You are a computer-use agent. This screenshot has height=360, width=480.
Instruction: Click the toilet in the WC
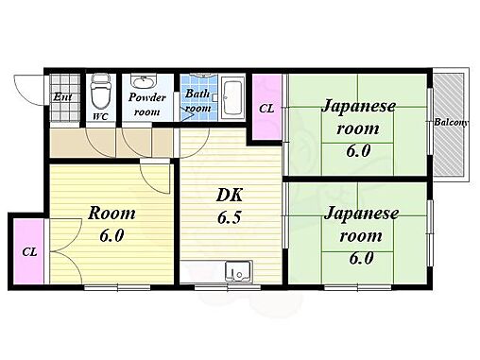pos(100,92)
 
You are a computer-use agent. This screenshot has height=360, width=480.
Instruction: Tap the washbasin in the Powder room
pos(144,81)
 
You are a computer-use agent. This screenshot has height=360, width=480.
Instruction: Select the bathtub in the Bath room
pos(232,98)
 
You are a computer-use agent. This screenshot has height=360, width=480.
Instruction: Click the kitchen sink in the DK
pos(238,271)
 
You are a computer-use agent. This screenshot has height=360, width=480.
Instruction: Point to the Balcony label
pos(451,122)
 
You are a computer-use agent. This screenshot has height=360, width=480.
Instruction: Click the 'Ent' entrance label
pos(62,96)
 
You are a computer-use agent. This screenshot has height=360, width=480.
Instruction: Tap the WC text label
pos(100,117)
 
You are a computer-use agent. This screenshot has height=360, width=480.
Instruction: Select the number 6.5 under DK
pos(230,217)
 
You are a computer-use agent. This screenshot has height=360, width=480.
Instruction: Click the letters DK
pos(230,196)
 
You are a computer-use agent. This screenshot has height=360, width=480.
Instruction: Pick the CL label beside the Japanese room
pos(266,109)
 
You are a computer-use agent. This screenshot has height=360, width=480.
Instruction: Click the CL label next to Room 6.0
pos(29,252)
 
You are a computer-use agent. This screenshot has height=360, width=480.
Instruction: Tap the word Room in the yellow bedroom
pos(111,214)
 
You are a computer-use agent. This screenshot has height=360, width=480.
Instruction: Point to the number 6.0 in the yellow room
pos(111,235)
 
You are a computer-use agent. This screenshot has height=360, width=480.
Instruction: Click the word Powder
pos(147,97)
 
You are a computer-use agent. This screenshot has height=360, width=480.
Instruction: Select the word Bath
pos(197,94)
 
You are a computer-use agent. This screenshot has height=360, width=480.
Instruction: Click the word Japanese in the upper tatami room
pos(358,107)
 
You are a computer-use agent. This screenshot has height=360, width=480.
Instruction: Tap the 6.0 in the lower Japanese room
pos(361,258)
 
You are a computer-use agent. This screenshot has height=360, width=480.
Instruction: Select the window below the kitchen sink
pos(228,287)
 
